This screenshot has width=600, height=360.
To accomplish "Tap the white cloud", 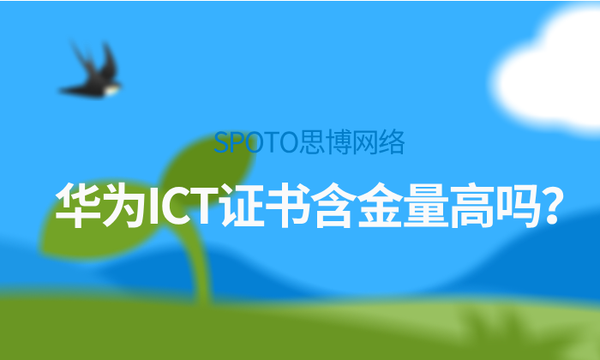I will [553, 60].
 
